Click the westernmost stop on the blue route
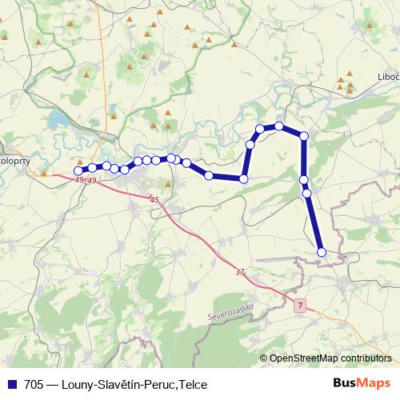point(78,170)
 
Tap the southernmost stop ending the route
point(322,252)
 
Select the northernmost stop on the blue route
point(279,126)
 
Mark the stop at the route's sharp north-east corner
point(304,137)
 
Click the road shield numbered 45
point(154,199)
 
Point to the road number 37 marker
point(239,272)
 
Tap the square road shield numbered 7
point(300,306)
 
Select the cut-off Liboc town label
point(387,77)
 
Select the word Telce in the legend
point(193,384)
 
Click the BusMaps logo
point(363,383)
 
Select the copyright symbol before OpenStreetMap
point(264,359)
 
